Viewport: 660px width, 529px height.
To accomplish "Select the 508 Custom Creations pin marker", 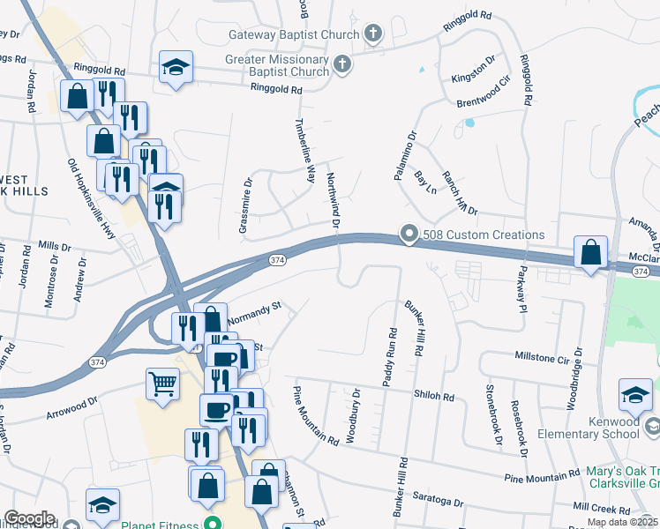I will coord(408,235).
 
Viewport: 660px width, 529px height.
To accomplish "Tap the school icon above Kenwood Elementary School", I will coord(635,394).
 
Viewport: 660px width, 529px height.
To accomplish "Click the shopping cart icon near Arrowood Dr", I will coord(162,384).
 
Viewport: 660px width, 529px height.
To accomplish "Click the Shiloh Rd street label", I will coord(436,397).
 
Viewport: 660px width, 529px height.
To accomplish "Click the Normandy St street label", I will coord(253,316).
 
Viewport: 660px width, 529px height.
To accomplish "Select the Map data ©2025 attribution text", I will coord(622,522).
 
